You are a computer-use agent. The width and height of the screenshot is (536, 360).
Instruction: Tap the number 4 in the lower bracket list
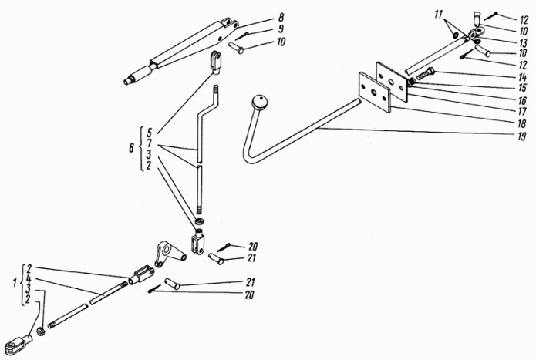28,279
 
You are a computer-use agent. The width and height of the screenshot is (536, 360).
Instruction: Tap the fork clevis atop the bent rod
217,59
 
